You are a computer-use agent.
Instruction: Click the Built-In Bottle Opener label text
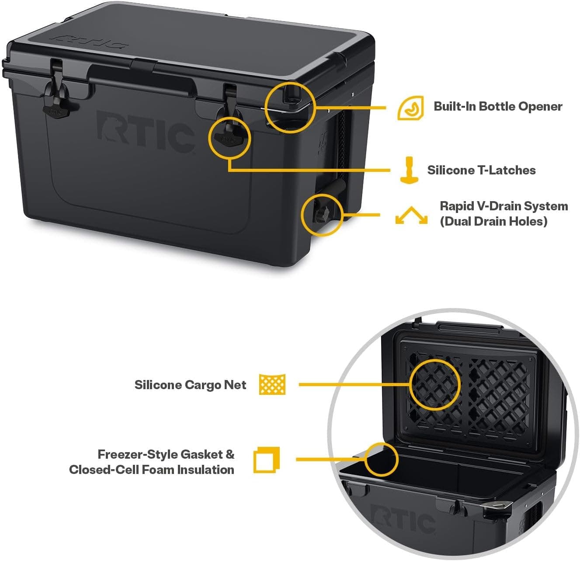(497, 106)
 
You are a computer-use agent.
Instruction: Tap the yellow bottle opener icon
(410, 108)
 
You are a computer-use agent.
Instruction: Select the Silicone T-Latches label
(481, 170)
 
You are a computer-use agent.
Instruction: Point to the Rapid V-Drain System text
(504, 206)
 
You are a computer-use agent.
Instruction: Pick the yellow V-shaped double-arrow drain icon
(411, 216)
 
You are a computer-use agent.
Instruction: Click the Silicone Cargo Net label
(190, 385)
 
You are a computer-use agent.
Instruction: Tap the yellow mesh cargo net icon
(272, 385)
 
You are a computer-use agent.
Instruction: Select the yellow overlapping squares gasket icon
(266, 460)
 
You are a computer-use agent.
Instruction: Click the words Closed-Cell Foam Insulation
(152, 470)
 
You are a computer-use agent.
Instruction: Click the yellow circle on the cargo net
(435, 385)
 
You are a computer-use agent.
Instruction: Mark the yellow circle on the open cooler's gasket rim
(382, 459)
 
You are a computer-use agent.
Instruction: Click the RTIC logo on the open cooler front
(403, 518)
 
